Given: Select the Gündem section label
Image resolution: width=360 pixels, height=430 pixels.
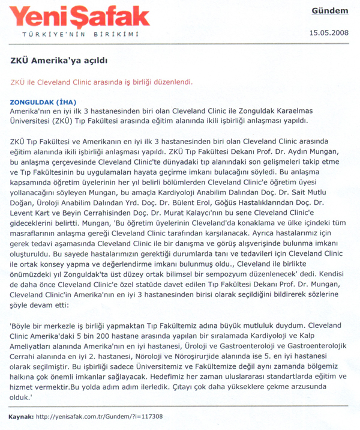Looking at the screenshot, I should (329, 11).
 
